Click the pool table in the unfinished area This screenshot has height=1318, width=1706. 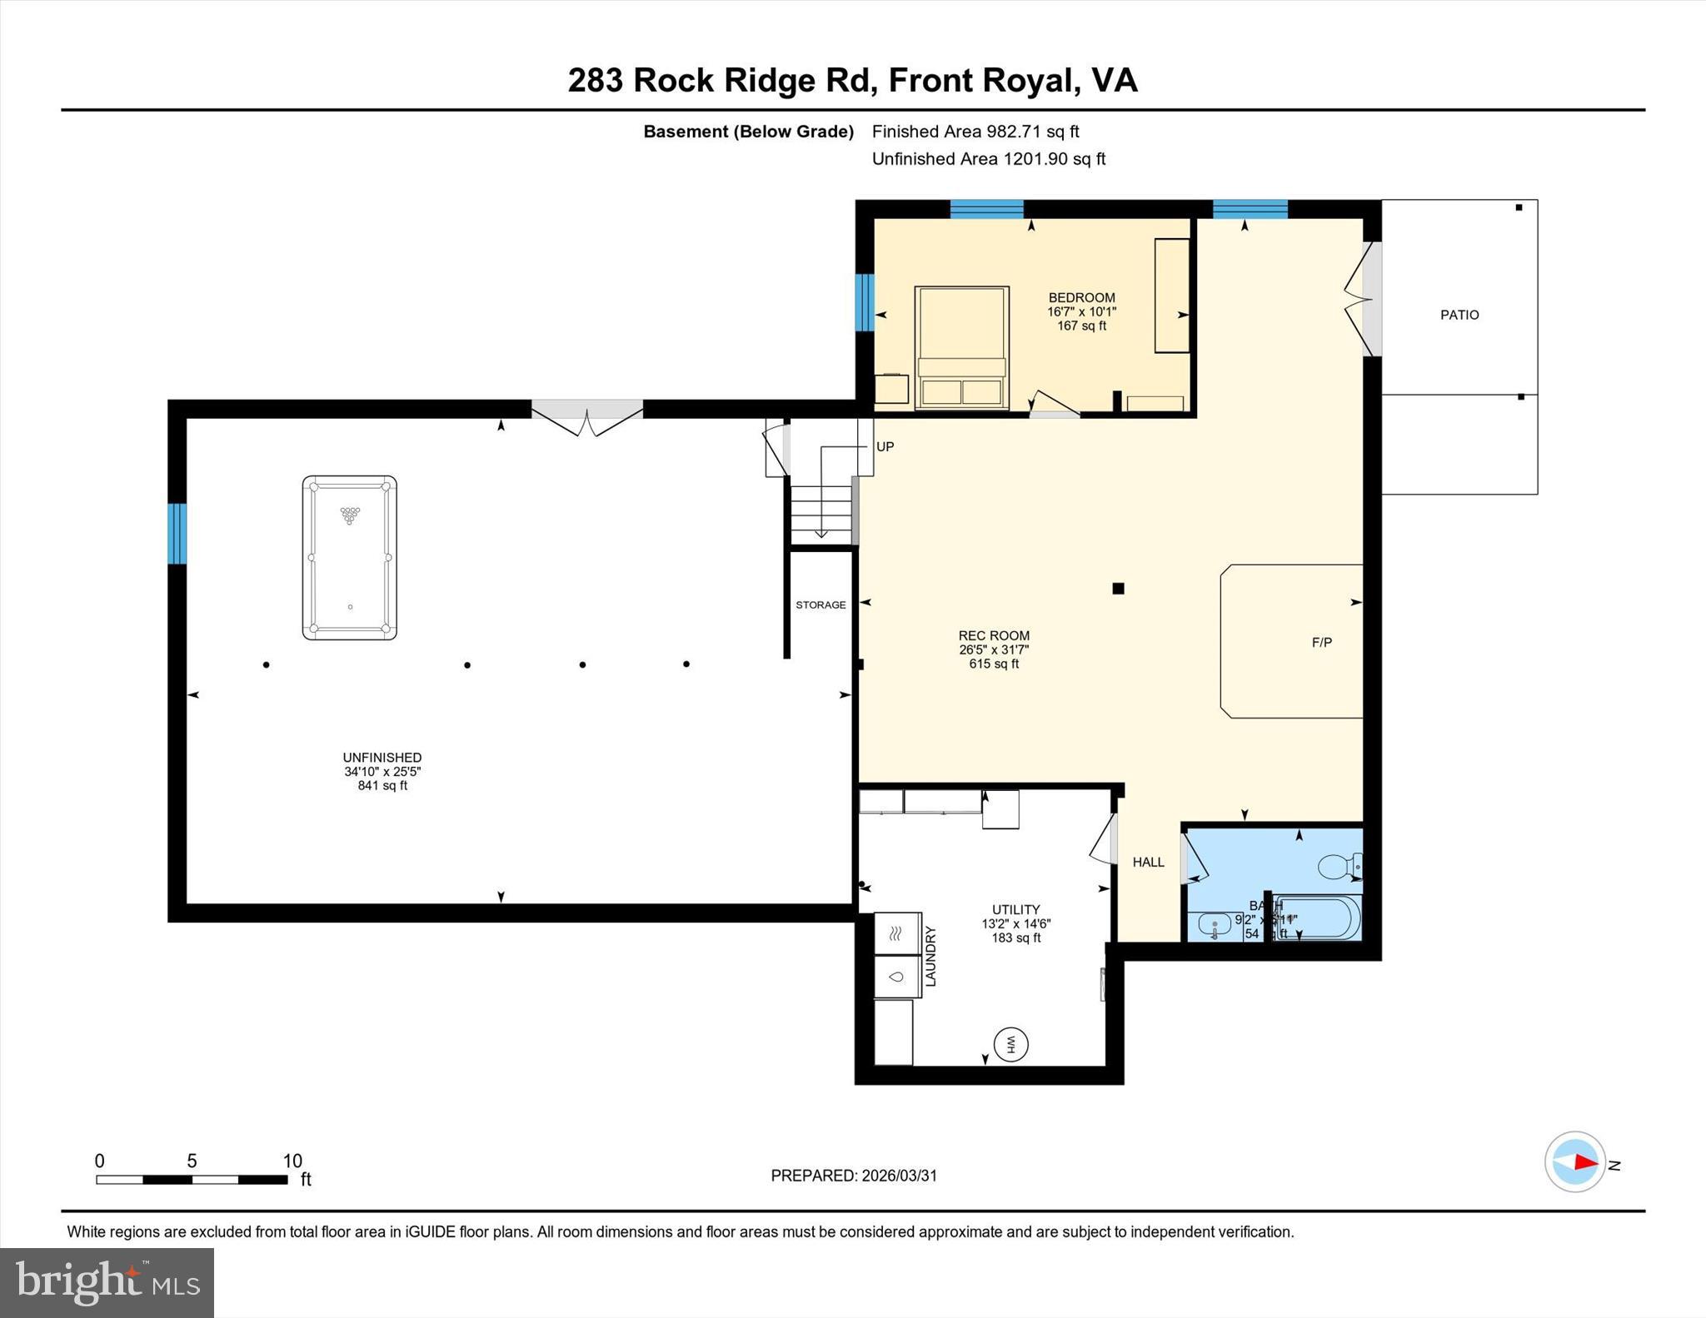349,557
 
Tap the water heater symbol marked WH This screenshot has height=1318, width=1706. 1011,1043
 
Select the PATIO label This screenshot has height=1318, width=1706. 1459,315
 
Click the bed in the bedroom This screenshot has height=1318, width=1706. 961,348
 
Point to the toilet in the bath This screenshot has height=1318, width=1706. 1338,867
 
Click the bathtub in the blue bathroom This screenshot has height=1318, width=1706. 1316,918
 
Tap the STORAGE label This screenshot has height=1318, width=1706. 821,605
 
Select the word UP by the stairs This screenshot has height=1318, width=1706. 885,447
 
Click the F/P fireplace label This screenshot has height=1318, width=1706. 1321,642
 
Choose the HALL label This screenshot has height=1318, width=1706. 1148,863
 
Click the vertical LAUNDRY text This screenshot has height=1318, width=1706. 931,957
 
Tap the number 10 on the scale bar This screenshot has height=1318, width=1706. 292,1161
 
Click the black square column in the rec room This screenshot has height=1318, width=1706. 1118,589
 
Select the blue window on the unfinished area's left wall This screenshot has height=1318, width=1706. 177,534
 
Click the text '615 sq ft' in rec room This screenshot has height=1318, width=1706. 994,664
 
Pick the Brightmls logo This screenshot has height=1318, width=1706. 107,1282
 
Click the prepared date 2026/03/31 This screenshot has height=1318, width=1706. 899,1176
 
